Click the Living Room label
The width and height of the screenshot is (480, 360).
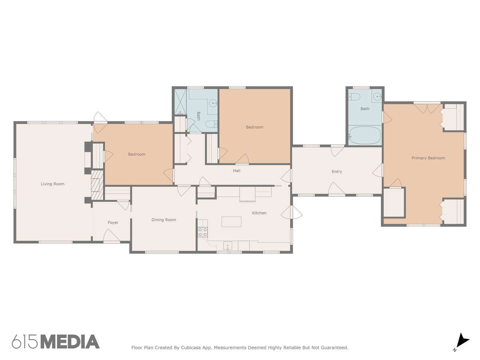52,184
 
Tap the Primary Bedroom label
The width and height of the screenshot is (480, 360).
428,158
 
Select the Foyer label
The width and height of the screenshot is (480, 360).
113,222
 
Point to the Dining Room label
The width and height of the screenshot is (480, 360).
164,220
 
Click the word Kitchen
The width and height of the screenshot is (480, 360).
259,213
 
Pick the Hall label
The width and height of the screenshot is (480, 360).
236,171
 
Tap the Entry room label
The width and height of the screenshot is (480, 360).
336,172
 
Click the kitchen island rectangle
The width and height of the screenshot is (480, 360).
231,222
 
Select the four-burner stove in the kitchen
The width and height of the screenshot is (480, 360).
203,232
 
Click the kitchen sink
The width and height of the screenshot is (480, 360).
228,246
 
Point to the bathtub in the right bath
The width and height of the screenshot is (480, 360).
365,135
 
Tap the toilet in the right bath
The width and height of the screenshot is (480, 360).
354,97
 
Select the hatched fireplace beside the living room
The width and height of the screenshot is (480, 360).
97,185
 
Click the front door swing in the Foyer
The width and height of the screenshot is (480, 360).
112,236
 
